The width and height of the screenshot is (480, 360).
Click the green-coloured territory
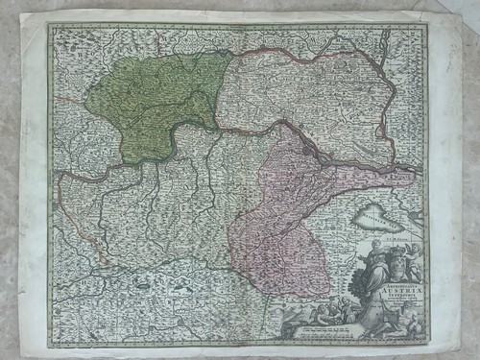tap(154, 96)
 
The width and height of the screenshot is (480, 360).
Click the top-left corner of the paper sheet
tap(29, 12)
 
